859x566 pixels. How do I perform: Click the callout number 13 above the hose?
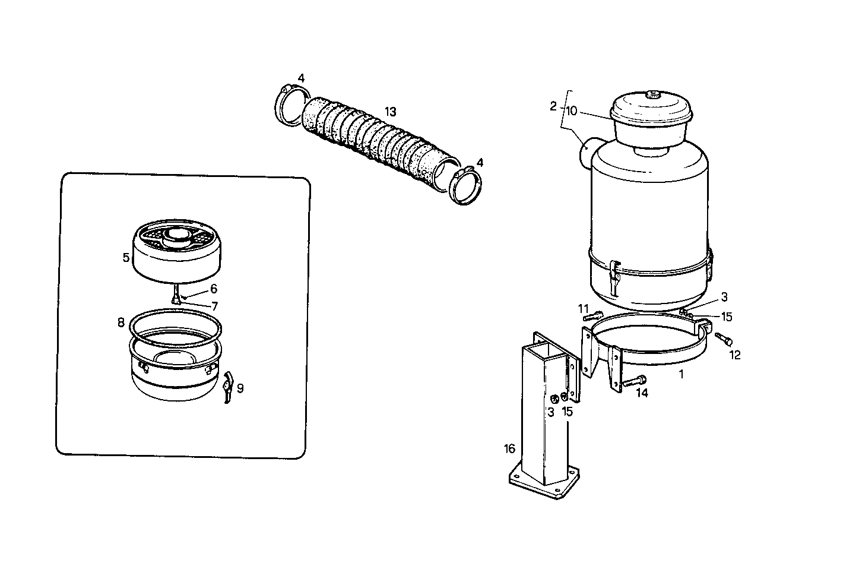[x=390, y=111]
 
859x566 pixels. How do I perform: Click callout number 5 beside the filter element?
[x=126, y=257]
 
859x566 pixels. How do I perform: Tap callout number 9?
[x=240, y=388]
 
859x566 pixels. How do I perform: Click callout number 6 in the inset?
[x=214, y=289]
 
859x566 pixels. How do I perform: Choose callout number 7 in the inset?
[x=214, y=306]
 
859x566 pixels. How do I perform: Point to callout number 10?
[x=571, y=111]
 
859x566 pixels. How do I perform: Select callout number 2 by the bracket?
[x=553, y=106]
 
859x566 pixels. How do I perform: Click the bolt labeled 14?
[x=633, y=381]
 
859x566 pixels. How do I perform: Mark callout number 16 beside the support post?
[x=510, y=448]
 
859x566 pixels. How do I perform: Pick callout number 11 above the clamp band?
[x=584, y=308]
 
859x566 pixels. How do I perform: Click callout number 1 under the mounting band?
[x=682, y=374]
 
